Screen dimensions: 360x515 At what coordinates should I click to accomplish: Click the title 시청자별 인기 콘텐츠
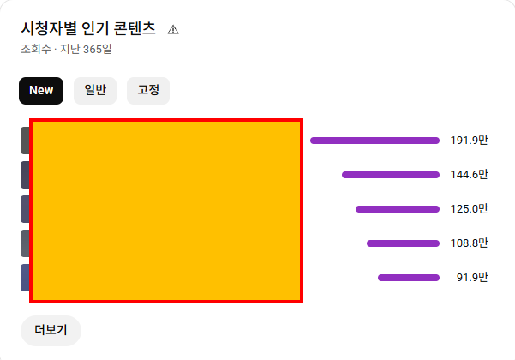coord(88,28)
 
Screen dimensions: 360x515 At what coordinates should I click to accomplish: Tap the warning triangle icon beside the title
coord(173,29)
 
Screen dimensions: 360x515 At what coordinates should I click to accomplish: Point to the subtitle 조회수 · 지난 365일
coord(66,49)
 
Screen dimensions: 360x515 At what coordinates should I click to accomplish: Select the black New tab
coord(41,90)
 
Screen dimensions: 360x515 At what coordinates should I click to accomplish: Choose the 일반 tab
coord(95,90)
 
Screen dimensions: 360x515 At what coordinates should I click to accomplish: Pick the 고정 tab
coord(148,90)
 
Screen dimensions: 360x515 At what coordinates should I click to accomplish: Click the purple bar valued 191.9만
coord(374,141)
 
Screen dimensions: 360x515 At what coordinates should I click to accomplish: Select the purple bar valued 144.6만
coord(390,175)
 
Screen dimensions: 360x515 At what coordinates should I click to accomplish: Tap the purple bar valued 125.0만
coord(397,209)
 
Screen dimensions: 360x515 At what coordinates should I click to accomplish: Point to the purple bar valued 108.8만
coord(403,243)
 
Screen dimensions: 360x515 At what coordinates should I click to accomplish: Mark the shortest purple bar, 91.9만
coord(408,278)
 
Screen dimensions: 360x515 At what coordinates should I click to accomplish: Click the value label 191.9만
coord(469,141)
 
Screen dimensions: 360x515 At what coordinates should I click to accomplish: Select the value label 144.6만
coord(469,175)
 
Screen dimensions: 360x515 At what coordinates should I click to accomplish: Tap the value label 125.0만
coord(469,209)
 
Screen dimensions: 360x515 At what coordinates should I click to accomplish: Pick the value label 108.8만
coord(469,243)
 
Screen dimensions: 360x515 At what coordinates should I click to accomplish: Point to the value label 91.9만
coord(472,278)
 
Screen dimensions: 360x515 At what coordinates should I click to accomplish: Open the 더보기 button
coord(51,330)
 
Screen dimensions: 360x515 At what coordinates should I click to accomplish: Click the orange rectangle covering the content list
coord(166,211)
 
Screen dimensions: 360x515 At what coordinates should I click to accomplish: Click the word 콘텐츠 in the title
coord(133,28)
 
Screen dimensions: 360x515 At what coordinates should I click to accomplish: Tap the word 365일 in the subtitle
coord(97,49)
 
